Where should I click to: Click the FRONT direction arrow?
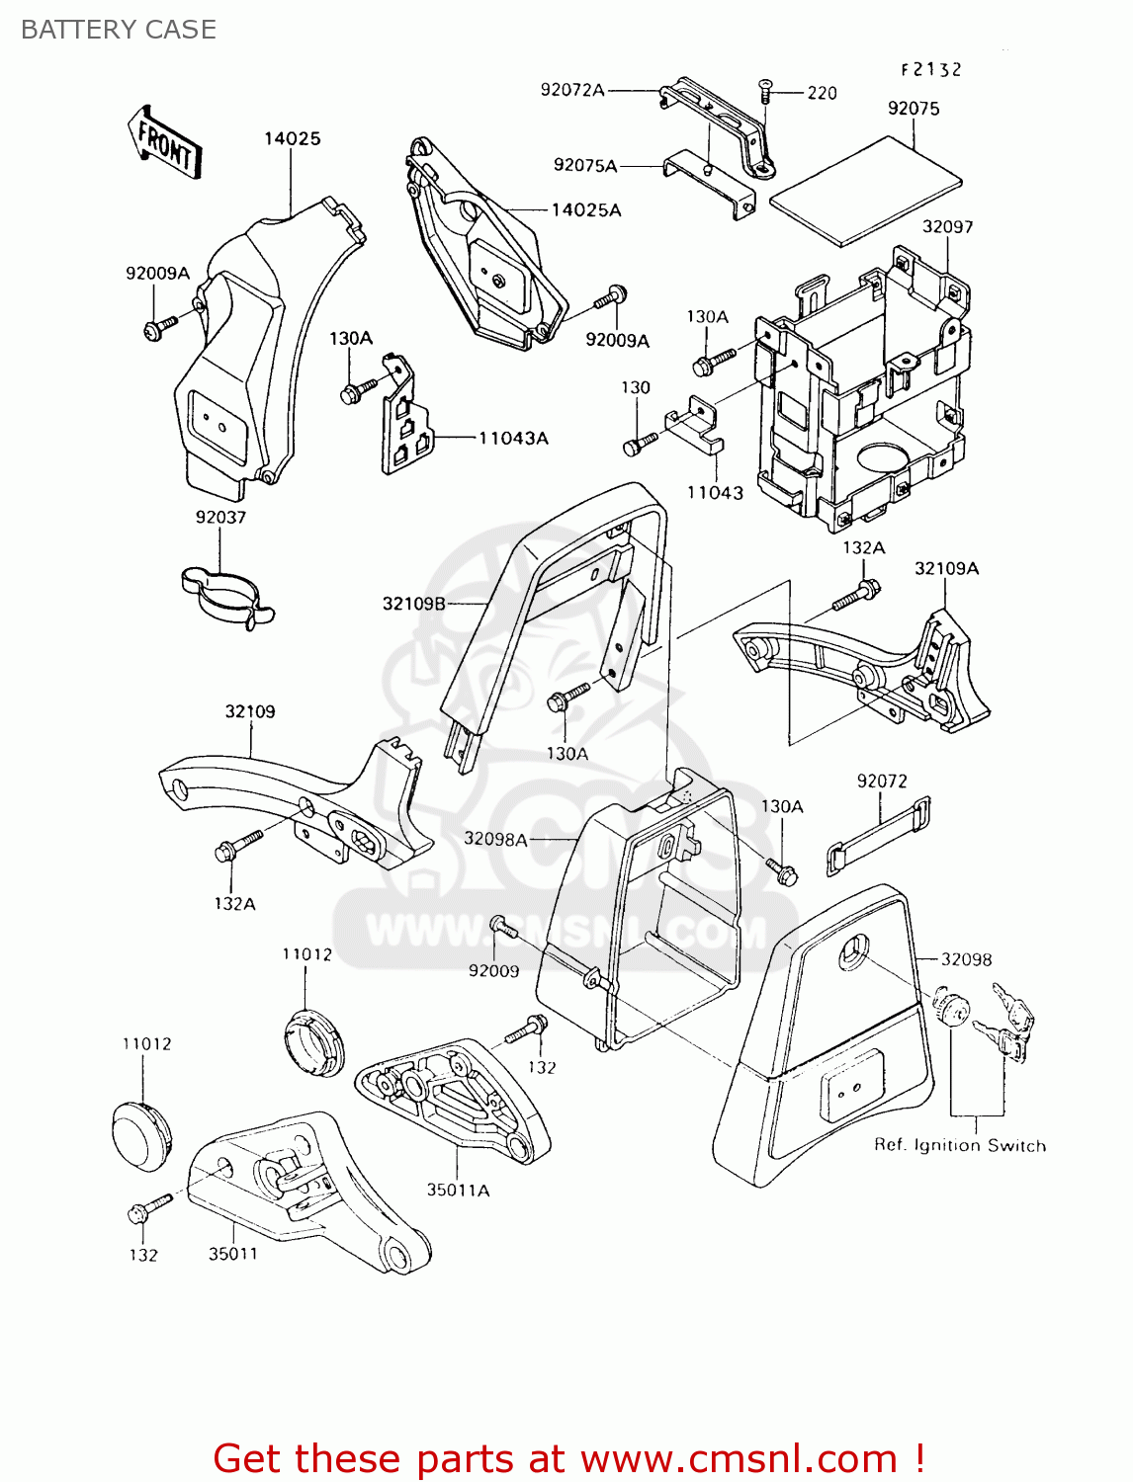point(165,144)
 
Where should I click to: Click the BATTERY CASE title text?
point(119,30)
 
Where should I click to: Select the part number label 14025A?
point(586,209)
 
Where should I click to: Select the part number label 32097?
point(947,226)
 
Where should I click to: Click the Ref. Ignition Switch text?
point(959,1145)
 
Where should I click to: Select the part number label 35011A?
point(458,1190)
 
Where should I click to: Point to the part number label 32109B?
point(413,603)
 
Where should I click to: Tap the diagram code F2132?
point(930,69)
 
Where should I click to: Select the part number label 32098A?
point(495,839)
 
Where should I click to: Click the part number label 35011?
point(232,1254)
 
